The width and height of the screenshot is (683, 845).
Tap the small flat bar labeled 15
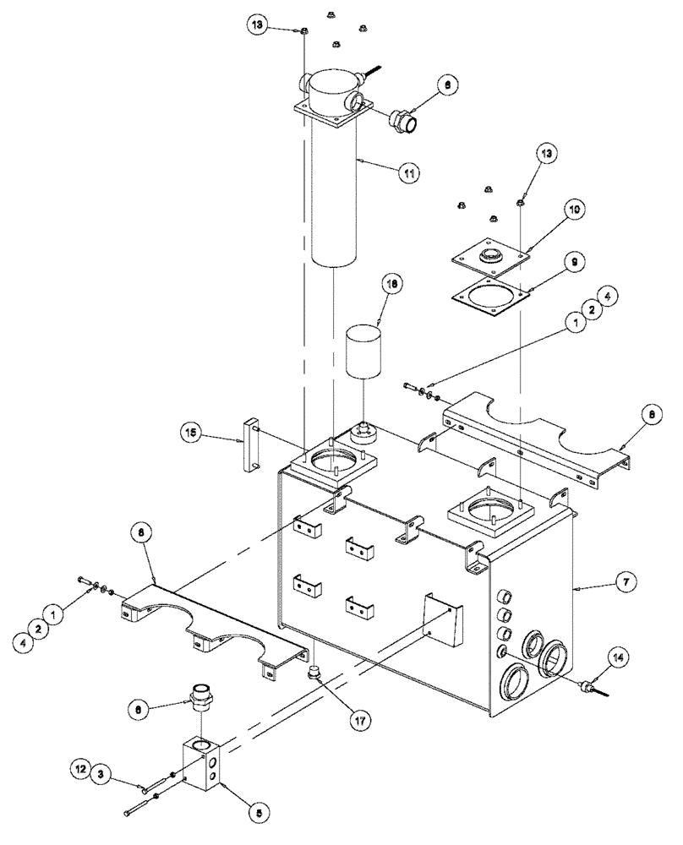[252, 444]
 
